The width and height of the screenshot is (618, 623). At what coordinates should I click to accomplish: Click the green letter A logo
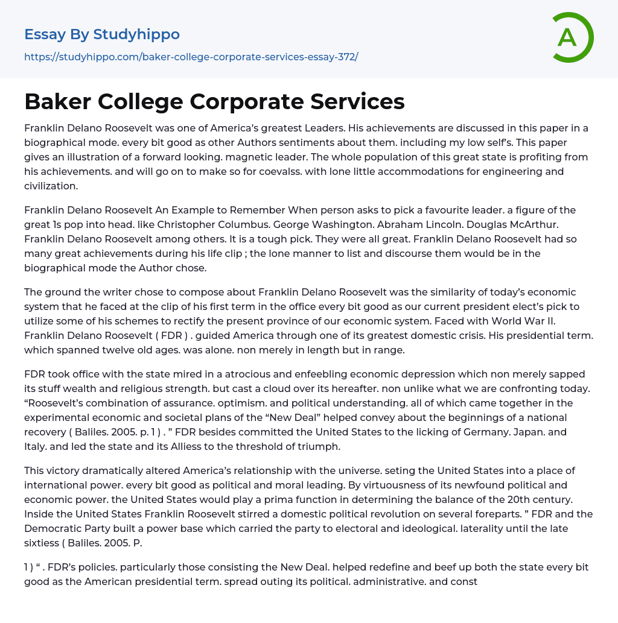tap(572, 37)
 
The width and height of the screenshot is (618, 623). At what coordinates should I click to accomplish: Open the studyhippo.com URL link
tap(191, 57)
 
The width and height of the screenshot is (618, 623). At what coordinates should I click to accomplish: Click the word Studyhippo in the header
tap(136, 34)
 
